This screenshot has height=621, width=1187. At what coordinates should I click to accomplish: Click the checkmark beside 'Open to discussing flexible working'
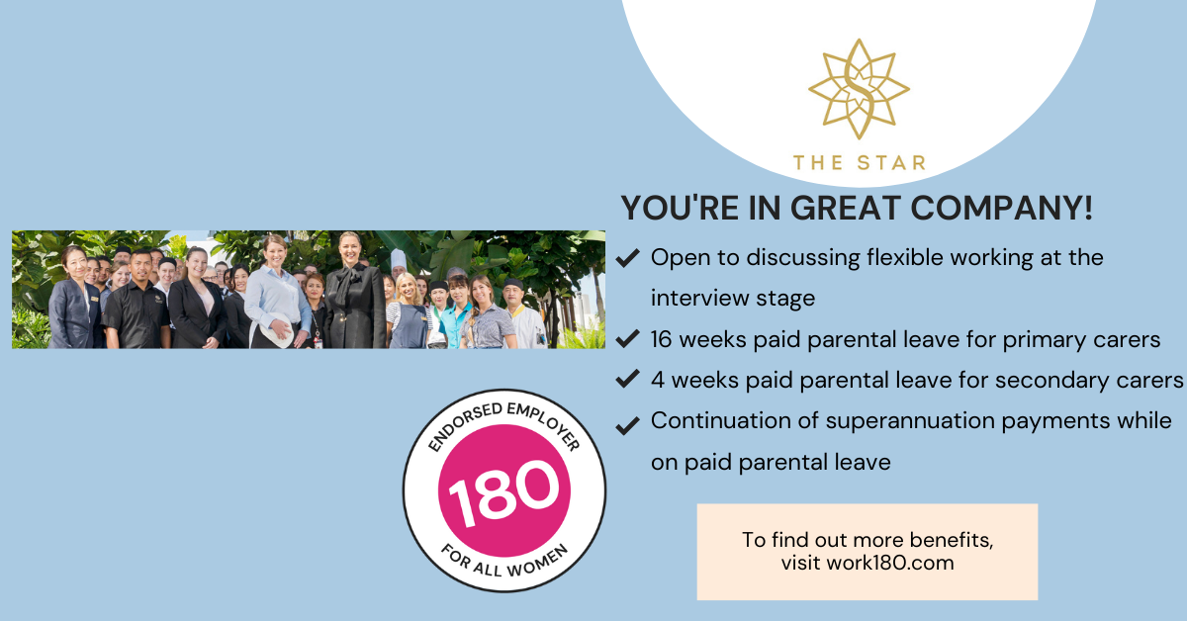pyautogui.click(x=626, y=259)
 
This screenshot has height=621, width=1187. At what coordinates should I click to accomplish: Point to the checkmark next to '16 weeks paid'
pyautogui.click(x=626, y=340)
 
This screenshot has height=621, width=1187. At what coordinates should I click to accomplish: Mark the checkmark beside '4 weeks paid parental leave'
pyautogui.click(x=626, y=381)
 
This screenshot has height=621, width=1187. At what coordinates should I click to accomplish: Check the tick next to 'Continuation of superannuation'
pyautogui.click(x=626, y=425)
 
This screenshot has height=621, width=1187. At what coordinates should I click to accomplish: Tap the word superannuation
pyautogui.click(x=920, y=420)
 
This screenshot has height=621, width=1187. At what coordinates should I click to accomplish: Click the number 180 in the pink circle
pyautogui.click(x=503, y=490)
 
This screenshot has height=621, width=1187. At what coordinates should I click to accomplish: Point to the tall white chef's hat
pyautogui.click(x=398, y=259)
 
